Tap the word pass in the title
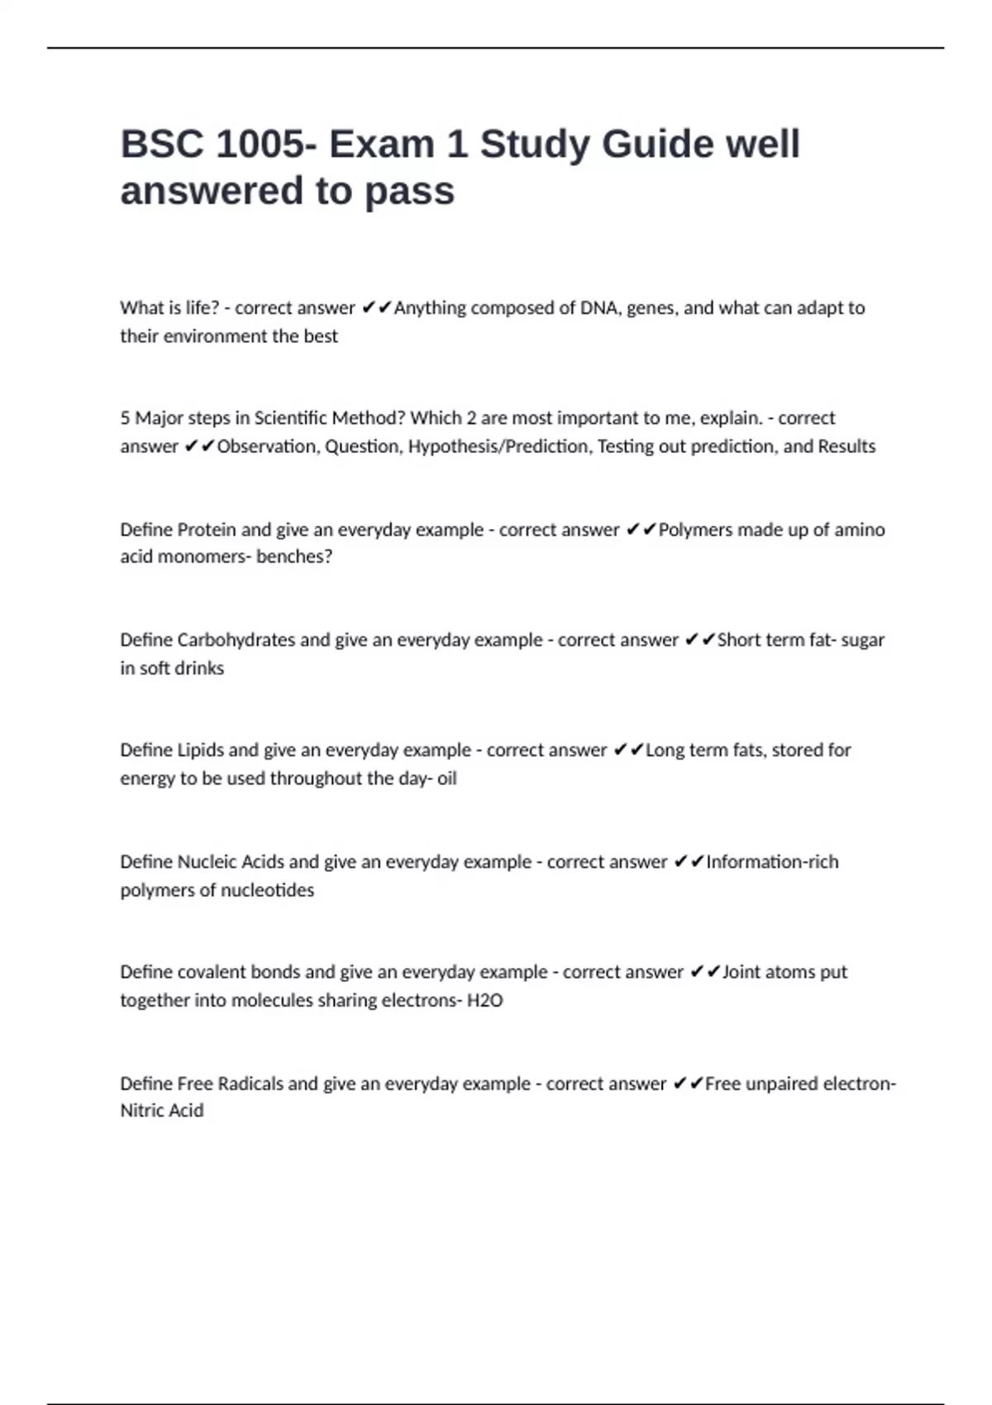click(409, 191)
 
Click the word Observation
click(266, 446)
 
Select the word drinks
click(198, 668)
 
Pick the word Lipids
click(200, 750)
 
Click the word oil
click(446, 778)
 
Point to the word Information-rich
click(772, 861)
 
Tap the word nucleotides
click(267, 890)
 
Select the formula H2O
click(484, 1000)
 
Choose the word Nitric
click(141, 1110)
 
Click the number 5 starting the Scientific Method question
click(125, 418)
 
